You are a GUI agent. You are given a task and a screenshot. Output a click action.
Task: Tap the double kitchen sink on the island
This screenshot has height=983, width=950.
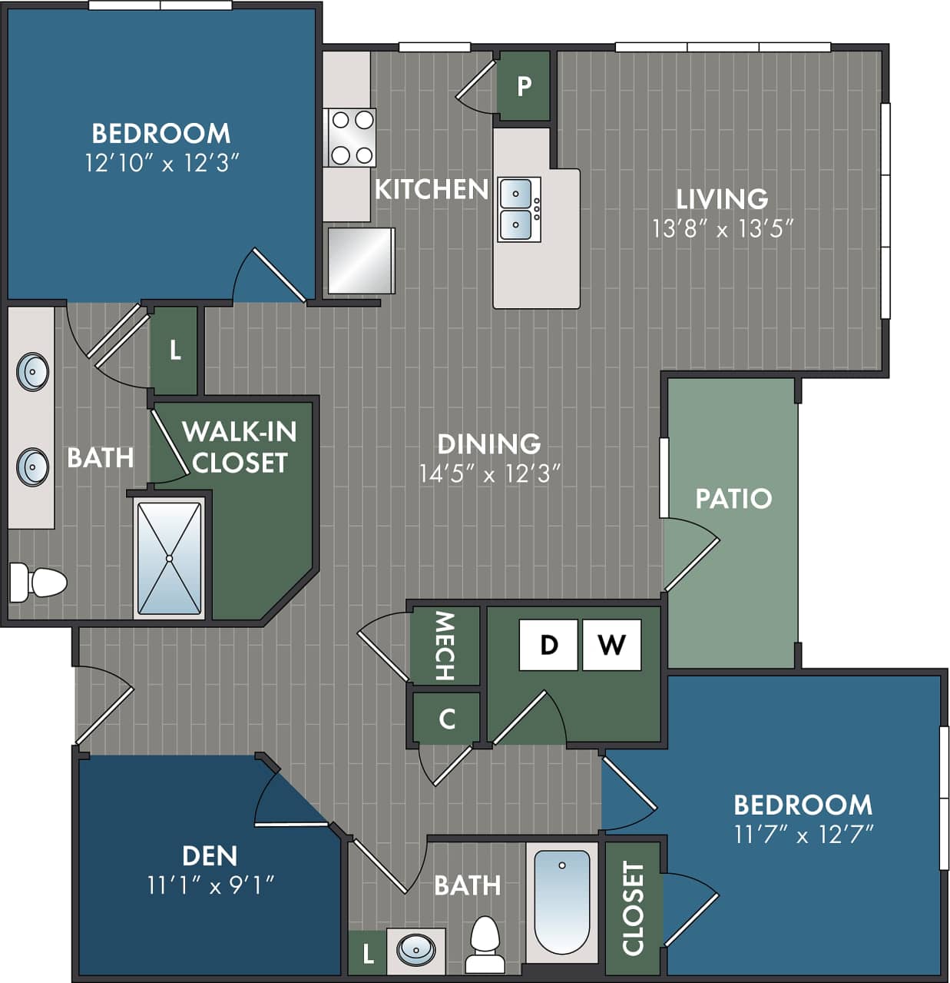tap(519, 208)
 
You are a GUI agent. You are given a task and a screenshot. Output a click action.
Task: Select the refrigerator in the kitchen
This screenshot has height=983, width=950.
tap(360, 260)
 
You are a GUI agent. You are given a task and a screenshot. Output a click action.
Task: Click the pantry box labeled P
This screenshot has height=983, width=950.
tap(524, 85)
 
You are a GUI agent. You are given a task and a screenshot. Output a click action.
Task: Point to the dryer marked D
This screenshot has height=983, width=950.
tap(548, 645)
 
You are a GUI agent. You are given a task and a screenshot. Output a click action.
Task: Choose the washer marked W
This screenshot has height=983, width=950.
tap(611, 645)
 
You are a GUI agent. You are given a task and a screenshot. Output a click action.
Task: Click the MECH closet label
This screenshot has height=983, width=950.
tap(445, 646)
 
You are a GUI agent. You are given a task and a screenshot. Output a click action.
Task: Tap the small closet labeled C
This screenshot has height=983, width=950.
tap(446, 719)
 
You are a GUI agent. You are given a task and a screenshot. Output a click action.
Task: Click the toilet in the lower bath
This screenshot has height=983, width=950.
tap(485, 946)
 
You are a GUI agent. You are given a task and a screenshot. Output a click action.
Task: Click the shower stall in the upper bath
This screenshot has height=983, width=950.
tap(169, 557)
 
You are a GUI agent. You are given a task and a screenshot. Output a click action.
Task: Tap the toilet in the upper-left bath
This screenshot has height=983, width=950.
tap(38, 582)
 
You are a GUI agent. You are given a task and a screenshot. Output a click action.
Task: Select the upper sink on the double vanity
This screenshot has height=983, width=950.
tap(33, 372)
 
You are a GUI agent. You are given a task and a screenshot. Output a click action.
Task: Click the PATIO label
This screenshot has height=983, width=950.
tap(733, 498)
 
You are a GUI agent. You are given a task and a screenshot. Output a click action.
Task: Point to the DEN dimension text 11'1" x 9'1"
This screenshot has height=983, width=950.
tap(210, 885)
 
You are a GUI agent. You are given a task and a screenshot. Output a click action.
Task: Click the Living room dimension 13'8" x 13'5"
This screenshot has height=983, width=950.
tap(722, 228)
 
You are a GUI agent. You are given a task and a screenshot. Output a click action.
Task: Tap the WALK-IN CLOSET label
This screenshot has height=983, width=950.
tap(239, 447)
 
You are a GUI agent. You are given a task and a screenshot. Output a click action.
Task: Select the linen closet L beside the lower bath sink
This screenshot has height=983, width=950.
tap(368, 954)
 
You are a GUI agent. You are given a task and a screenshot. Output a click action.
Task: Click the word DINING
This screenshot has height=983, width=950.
tap(489, 443)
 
